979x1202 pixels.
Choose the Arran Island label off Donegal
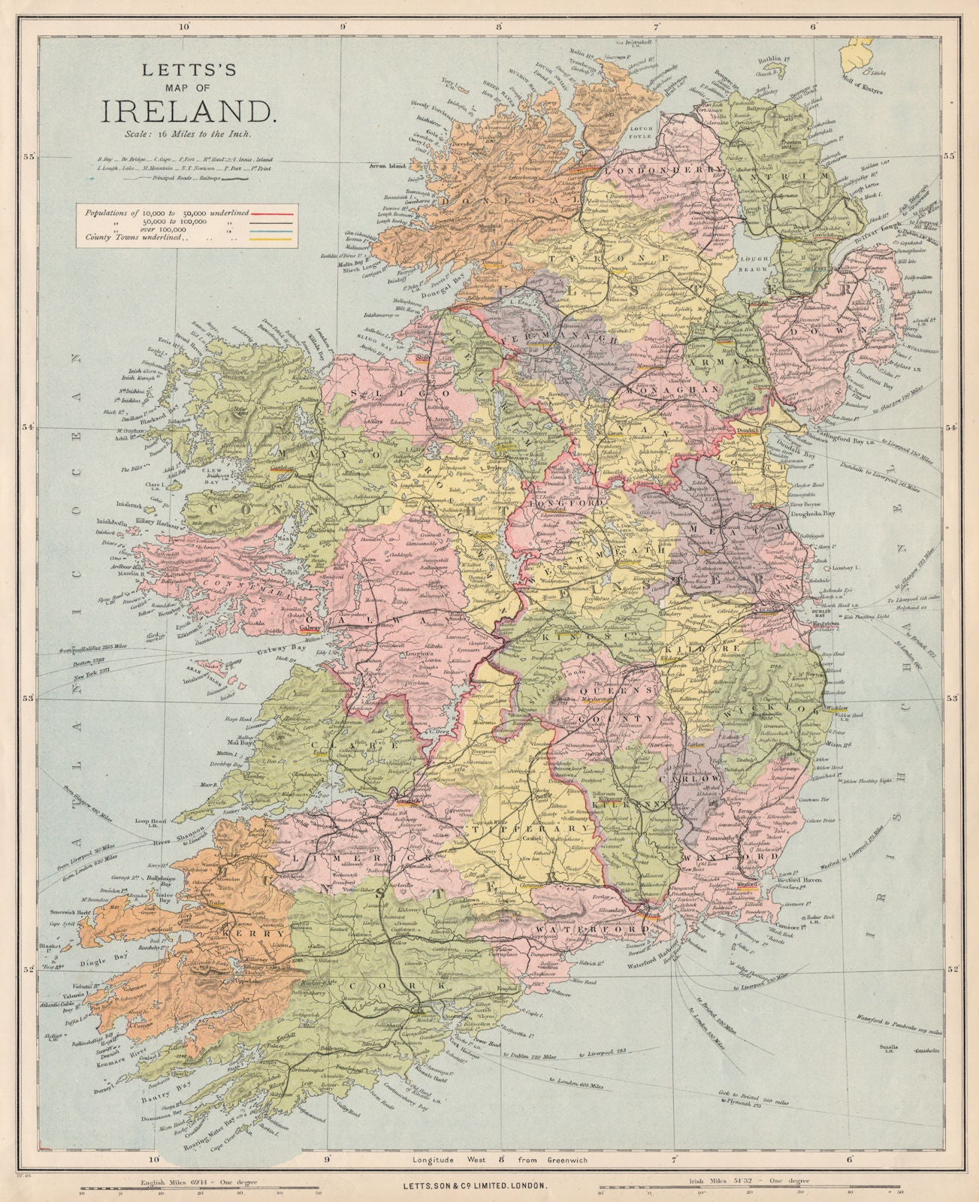click(x=386, y=165)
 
